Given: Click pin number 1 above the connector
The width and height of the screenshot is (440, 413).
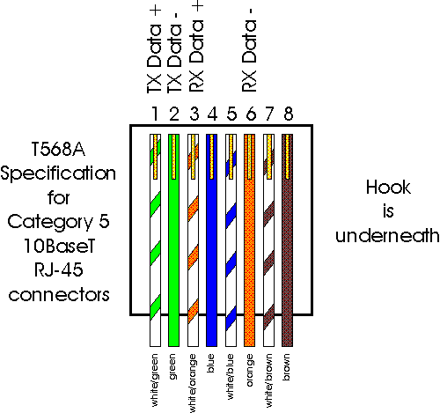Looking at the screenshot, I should pyautogui.click(x=154, y=113).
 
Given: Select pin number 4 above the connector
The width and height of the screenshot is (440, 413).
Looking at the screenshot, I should pyautogui.click(x=211, y=113).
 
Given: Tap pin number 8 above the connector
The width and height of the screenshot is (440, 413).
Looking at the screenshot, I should pyautogui.click(x=287, y=113).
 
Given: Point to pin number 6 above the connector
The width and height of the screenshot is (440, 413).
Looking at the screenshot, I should pyautogui.click(x=249, y=113).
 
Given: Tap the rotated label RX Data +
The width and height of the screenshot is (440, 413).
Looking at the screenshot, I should pyautogui.click(x=193, y=48).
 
